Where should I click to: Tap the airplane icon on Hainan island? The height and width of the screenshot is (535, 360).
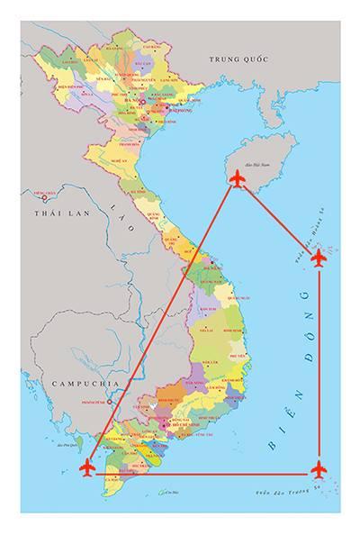[237, 180]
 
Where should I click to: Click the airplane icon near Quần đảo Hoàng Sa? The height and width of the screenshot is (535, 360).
[319, 258]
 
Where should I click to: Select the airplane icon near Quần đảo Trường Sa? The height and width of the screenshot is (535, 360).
[319, 469]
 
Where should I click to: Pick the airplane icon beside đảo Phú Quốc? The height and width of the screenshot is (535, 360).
[87, 467]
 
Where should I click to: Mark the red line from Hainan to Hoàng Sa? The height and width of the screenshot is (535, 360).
[277, 219]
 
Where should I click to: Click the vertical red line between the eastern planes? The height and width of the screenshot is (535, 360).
[319, 360]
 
